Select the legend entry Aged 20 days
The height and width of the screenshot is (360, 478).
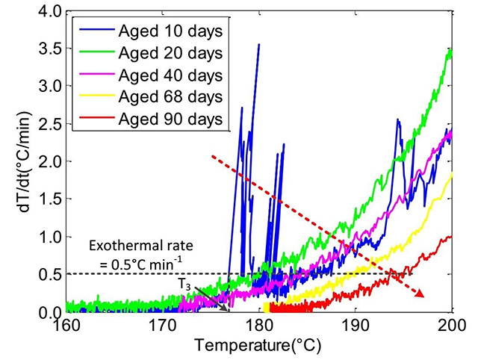156,52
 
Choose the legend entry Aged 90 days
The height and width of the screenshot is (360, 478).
156,120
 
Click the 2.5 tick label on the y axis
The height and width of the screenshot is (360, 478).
50,125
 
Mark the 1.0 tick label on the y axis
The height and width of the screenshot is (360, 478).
50,237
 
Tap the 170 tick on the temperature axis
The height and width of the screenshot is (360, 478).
163,326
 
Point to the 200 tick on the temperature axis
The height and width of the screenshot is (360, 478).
448,326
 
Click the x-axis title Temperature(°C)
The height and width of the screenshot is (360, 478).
257,346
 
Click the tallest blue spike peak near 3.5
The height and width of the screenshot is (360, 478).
258,45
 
